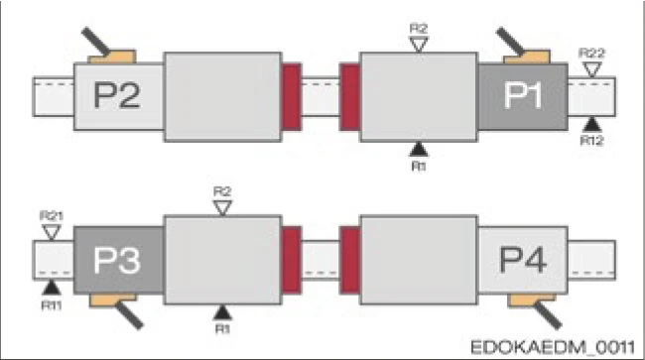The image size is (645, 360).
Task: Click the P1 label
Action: (523, 96)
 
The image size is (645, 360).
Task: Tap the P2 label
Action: (117, 96)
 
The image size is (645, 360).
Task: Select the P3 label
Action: (117, 260)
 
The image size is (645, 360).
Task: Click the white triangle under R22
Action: (592, 69)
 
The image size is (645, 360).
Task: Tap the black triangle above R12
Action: (592, 123)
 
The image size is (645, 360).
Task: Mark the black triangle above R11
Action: (51, 287)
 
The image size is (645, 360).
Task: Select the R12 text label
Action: (592, 139)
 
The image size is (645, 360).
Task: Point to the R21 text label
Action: (51, 216)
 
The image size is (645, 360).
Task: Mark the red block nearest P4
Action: (349, 260)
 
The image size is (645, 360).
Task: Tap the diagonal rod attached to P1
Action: (509, 40)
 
